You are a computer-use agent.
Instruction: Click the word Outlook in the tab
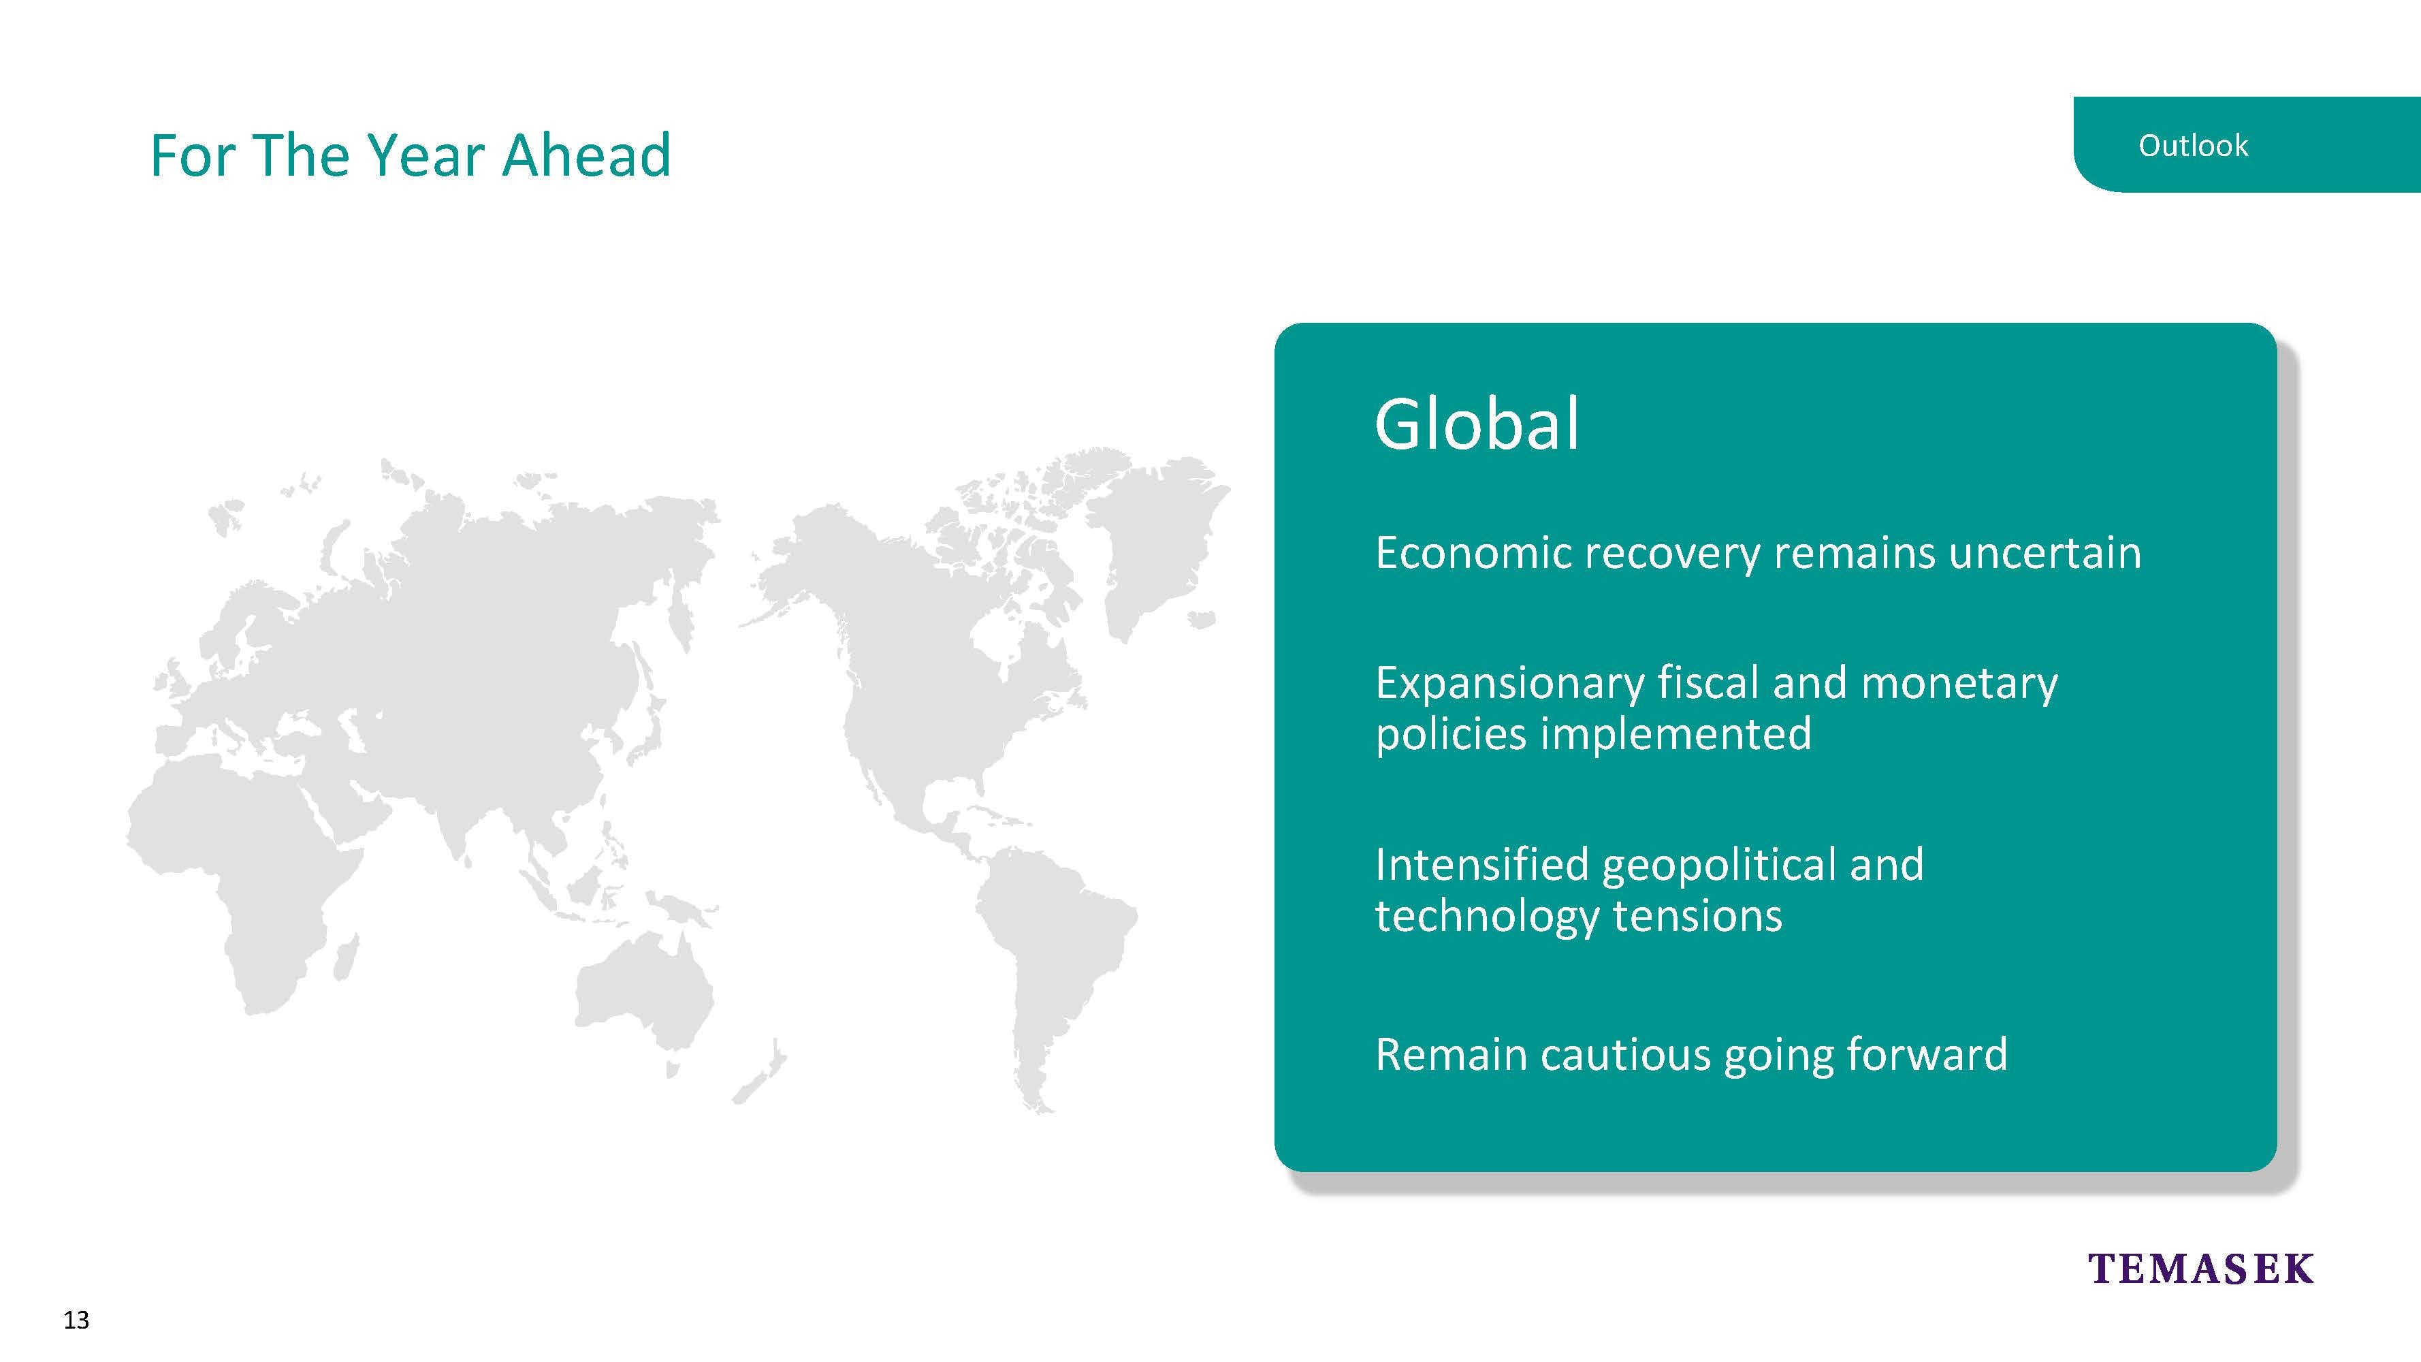point(2193,146)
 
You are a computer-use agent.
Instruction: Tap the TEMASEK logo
point(2200,1269)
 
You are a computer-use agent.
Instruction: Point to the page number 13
point(76,1320)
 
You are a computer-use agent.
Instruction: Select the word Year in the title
point(428,155)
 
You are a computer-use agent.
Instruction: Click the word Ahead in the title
point(586,155)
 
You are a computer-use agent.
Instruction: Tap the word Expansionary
point(1509,685)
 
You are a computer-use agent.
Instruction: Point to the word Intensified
point(1482,865)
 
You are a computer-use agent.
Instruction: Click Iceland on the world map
point(1201,620)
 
